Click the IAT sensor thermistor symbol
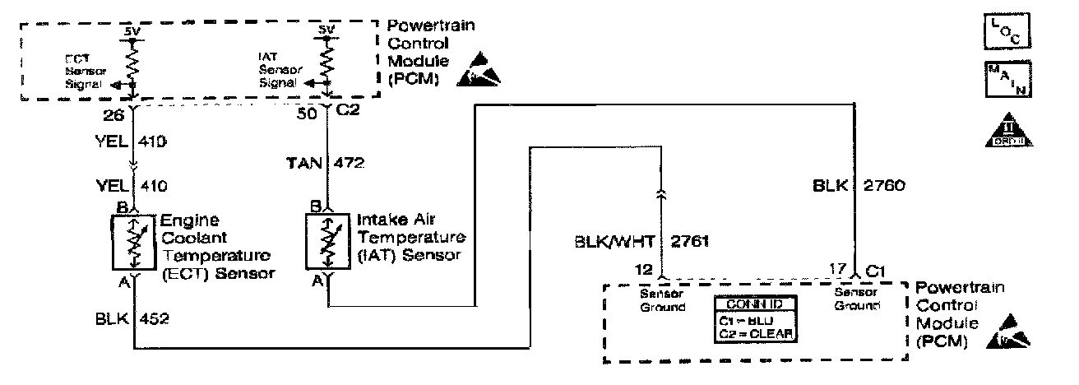(326, 241)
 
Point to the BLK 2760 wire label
(859, 186)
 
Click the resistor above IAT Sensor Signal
(327, 59)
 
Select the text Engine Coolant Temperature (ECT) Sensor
(215, 245)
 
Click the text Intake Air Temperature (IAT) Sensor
(411, 237)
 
